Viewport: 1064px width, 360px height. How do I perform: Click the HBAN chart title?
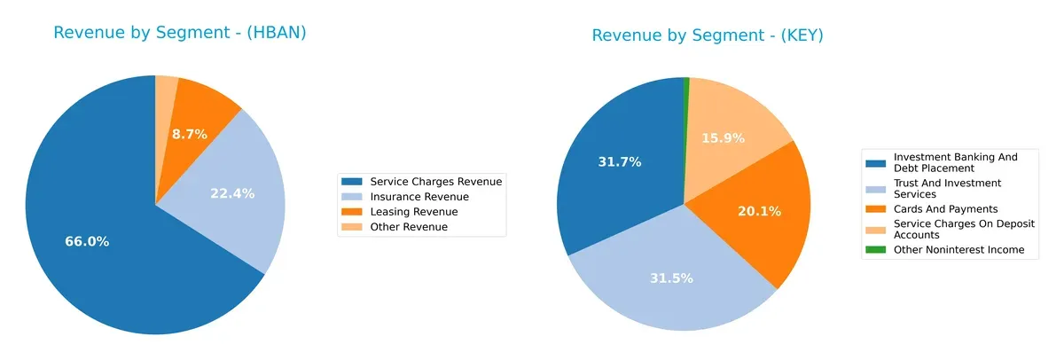tap(180, 33)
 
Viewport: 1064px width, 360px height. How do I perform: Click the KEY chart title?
tap(708, 35)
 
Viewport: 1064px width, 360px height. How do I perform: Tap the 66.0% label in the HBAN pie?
tap(87, 241)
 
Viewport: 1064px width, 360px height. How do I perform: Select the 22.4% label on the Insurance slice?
tap(232, 193)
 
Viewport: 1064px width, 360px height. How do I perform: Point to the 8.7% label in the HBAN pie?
tap(190, 134)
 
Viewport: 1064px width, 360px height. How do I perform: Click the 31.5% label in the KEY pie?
tap(671, 278)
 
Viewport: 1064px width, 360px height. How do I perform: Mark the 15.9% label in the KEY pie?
tap(723, 138)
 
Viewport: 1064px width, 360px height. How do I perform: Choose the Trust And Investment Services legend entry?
tap(947, 188)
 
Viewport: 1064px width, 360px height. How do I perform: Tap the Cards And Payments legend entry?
tap(937, 209)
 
